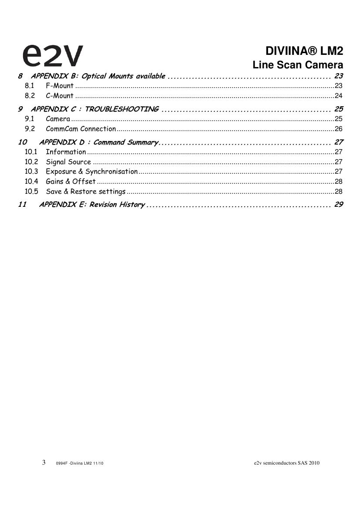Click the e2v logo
pos(52,55)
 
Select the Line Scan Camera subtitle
pos(298,65)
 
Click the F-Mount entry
pos(60,86)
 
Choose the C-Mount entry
pos(60,96)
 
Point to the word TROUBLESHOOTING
pos(122,109)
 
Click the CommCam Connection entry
pos(81,129)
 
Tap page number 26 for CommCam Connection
pos(339,129)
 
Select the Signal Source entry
pos(68,162)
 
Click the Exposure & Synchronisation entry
pos(92,172)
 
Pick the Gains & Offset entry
pos(71,182)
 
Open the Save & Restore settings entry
pos(85,192)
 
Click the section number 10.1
pos(31,152)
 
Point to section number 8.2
pos(30,96)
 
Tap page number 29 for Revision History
pos(339,205)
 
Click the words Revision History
pos(117,205)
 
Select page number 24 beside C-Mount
pos(339,96)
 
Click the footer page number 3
pos(44,462)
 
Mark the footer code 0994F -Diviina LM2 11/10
pos(80,463)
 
